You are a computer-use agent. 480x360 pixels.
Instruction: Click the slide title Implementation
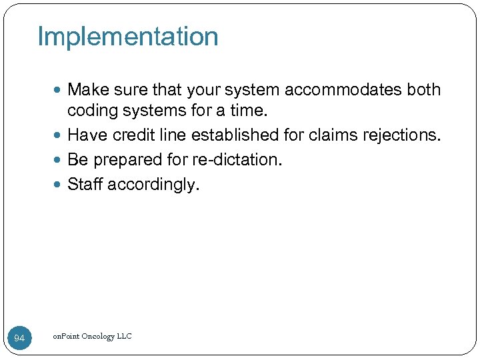(128, 37)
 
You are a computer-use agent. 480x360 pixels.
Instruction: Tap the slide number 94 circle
(19, 339)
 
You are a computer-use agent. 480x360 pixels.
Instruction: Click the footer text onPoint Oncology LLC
(92, 336)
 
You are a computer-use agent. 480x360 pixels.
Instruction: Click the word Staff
(85, 185)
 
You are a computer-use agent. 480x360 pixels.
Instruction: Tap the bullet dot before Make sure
(61, 90)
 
